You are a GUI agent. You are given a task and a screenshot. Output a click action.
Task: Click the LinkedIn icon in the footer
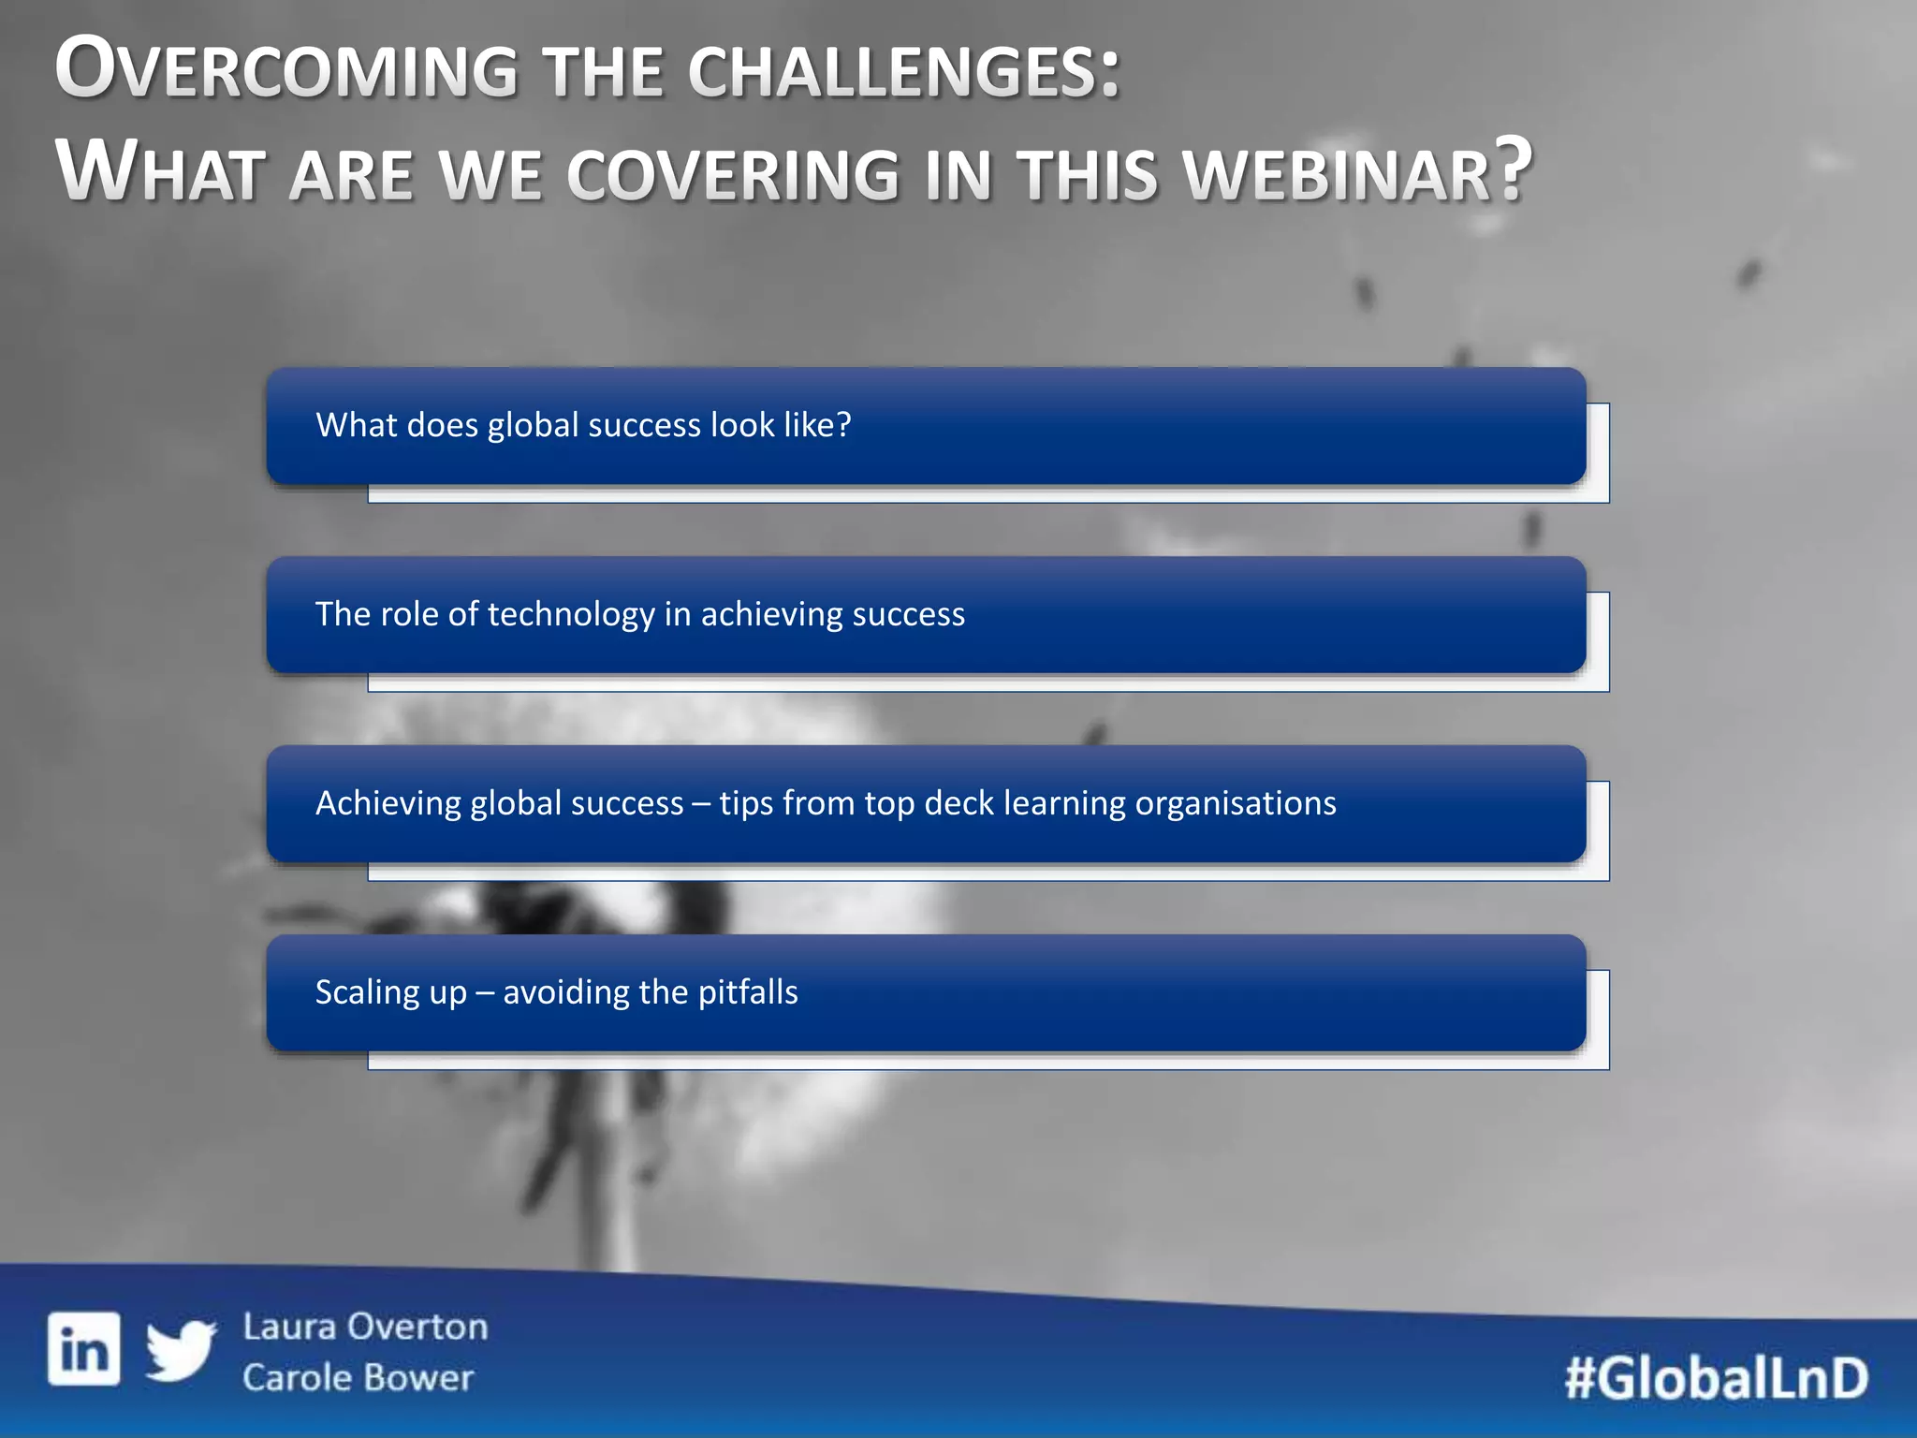pyautogui.click(x=84, y=1348)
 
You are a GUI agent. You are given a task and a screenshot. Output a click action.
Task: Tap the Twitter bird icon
pyautogui.click(x=181, y=1350)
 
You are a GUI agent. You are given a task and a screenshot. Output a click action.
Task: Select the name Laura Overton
pyautogui.click(x=365, y=1327)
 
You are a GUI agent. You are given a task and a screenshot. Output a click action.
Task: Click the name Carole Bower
pyautogui.click(x=358, y=1378)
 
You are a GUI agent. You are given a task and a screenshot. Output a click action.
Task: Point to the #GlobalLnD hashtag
pyautogui.click(x=1716, y=1378)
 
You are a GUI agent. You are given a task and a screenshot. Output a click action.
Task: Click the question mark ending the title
pyautogui.click(x=1512, y=169)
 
